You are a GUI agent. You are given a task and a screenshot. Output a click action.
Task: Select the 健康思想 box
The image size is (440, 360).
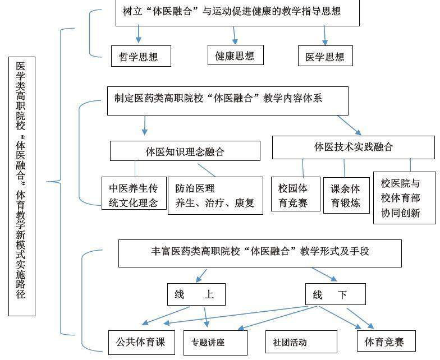[x=235, y=55]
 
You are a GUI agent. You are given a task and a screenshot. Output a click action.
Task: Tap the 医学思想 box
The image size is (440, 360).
[x=325, y=56]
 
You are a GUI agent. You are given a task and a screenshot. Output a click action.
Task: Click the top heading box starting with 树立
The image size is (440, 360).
[x=231, y=12]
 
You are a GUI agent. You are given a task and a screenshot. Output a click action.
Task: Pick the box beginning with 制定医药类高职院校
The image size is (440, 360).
[x=227, y=100]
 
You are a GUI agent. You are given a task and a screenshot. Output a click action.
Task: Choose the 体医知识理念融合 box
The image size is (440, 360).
[x=185, y=151]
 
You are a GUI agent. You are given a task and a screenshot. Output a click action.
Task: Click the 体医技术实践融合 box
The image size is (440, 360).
[x=353, y=147]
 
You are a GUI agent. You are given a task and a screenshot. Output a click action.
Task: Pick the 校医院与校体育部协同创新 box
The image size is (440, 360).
[x=404, y=198]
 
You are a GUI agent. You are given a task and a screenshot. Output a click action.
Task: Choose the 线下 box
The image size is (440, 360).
[x=335, y=294]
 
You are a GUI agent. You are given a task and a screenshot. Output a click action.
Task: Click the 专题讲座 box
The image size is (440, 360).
[x=215, y=342]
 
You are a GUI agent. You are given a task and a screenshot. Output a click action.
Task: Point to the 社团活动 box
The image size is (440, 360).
[x=290, y=342]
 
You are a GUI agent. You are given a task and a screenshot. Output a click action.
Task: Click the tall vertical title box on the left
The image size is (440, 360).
[x=21, y=186]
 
